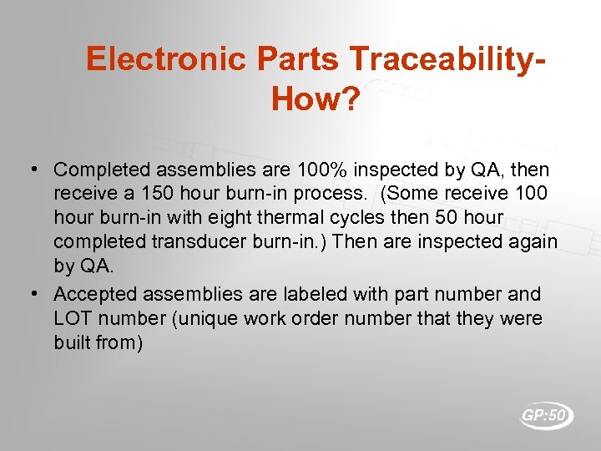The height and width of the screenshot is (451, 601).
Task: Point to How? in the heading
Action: (316, 99)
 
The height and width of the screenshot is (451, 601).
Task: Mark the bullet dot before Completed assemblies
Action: (31, 170)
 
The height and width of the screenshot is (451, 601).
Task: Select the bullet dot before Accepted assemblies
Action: (31, 294)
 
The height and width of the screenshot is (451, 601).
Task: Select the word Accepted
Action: (95, 294)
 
